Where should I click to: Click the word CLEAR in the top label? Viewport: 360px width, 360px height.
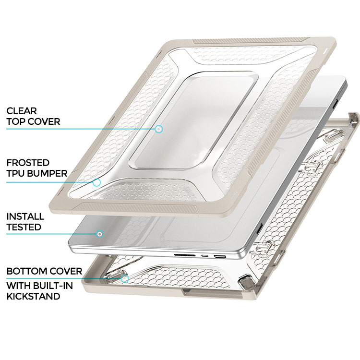[x=22, y=111]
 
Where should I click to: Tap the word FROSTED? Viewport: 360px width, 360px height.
[x=28, y=163]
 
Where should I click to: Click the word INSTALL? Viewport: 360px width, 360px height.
[x=25, y=216]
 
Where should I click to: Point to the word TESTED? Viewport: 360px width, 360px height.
[x=24, y=227]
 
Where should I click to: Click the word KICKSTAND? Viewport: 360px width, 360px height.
[x=33, y=297]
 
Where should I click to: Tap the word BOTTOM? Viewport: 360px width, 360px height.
[x=25, y=271]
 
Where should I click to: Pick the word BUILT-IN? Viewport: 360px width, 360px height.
[x=53, y=286]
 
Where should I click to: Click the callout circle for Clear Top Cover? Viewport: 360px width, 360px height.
[x=158, y=129]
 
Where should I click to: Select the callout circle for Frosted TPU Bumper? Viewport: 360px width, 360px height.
[x=96, y=182]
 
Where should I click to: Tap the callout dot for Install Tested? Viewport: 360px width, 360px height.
[x=100, y=234]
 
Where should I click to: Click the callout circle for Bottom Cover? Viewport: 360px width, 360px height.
[x=125, y=279]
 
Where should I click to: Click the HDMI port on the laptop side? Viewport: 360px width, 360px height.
[x=220, y=256]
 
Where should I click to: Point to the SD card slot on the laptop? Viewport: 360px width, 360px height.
[x=185, y=255]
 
